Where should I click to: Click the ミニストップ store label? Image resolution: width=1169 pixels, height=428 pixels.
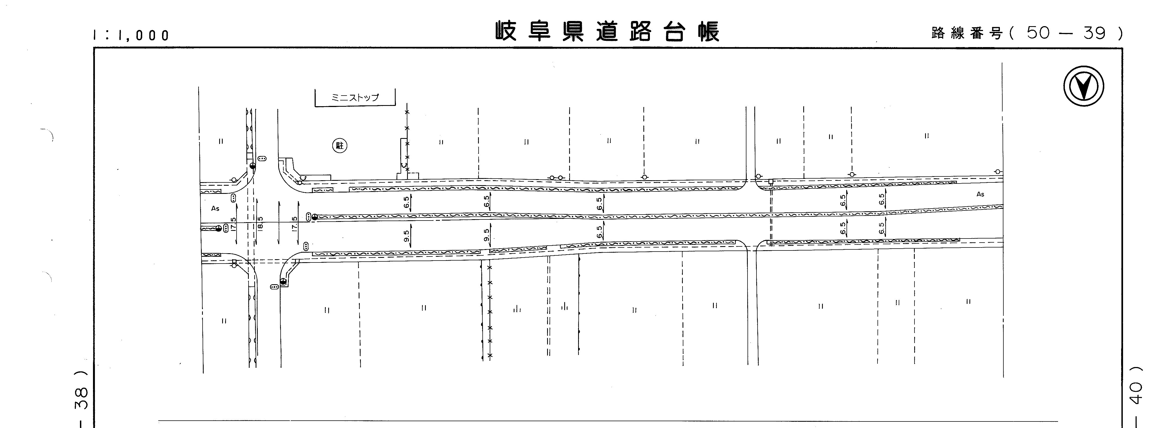click(355, 97)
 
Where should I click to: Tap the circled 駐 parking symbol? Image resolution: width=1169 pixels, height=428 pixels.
click(339, 145)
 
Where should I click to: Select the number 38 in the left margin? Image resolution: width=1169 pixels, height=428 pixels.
click(81, 399)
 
